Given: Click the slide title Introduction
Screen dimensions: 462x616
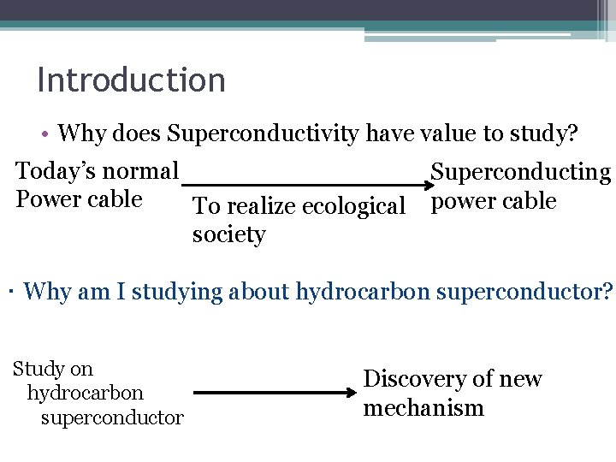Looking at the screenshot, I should (131, 80).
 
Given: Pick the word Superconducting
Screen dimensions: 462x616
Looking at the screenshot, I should (520, 173).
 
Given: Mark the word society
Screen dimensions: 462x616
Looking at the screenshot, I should (228, 234).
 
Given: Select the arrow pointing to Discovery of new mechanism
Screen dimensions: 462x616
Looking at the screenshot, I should (274, 393).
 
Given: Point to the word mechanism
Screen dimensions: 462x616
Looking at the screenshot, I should (423, 407).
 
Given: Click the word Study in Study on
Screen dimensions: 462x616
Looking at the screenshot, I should (40, 370).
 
